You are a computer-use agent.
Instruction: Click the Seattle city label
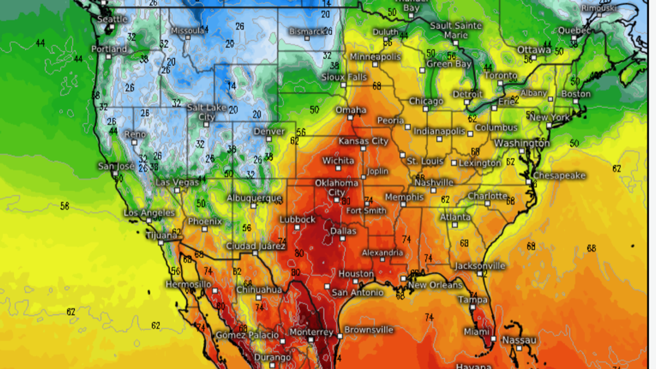(x=113, y=19)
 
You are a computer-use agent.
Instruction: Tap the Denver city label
(x=269, y=131)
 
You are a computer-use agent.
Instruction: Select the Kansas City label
(x=363, y=141)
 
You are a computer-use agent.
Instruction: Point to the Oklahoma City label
(x=336, y=188)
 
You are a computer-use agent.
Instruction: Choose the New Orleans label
(x=435, y=285)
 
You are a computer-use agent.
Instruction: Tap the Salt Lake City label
(x=207, y=112)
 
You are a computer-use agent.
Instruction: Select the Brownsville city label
(x=369, y=330)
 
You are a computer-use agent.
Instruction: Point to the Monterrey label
(x=311, y=332)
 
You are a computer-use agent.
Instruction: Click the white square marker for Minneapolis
(x=375, y=64)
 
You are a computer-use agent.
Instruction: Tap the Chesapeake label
(x=559, y=176)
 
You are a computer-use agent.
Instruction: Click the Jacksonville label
(x=480, y=266)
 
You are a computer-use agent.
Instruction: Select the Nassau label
(x=519, y=340)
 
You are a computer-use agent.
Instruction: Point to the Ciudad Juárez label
(x=256, y=246)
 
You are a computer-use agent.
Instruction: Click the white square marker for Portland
(x=108, y=56)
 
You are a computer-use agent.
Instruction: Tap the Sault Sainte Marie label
(x=456, y=30)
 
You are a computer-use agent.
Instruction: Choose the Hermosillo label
(x=188, y=284)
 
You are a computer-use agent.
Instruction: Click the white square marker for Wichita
(x=338, y=168)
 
